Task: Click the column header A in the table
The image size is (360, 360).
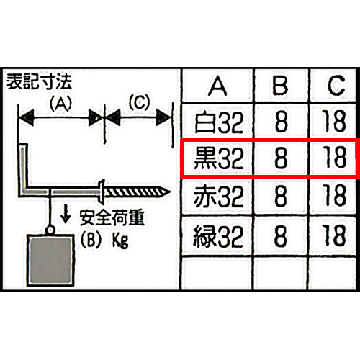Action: coord(217,86)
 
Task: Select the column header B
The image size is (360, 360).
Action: coord(280,86)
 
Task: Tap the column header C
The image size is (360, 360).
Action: coord(336,86)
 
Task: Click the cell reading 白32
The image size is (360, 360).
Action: coord(219,122)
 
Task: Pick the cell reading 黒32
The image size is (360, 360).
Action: coord(218,158)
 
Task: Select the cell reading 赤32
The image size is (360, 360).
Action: coord(218,197)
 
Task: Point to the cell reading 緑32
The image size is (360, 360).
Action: coord(218,236)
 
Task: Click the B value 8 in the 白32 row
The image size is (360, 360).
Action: coord(282,122)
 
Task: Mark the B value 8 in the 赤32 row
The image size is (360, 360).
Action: coord(281,196)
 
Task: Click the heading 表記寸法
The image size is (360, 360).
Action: coord(39,82)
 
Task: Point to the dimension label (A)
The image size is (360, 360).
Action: coord(60,104)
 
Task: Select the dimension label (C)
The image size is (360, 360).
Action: coord(139,102)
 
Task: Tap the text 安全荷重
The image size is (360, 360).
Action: coord(112,217)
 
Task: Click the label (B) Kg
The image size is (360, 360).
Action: coord(104,240)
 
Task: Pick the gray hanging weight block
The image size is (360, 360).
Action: coord(50,260)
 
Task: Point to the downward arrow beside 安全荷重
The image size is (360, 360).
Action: coord(66,215)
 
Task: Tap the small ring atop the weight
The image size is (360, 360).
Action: coord(50,230)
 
